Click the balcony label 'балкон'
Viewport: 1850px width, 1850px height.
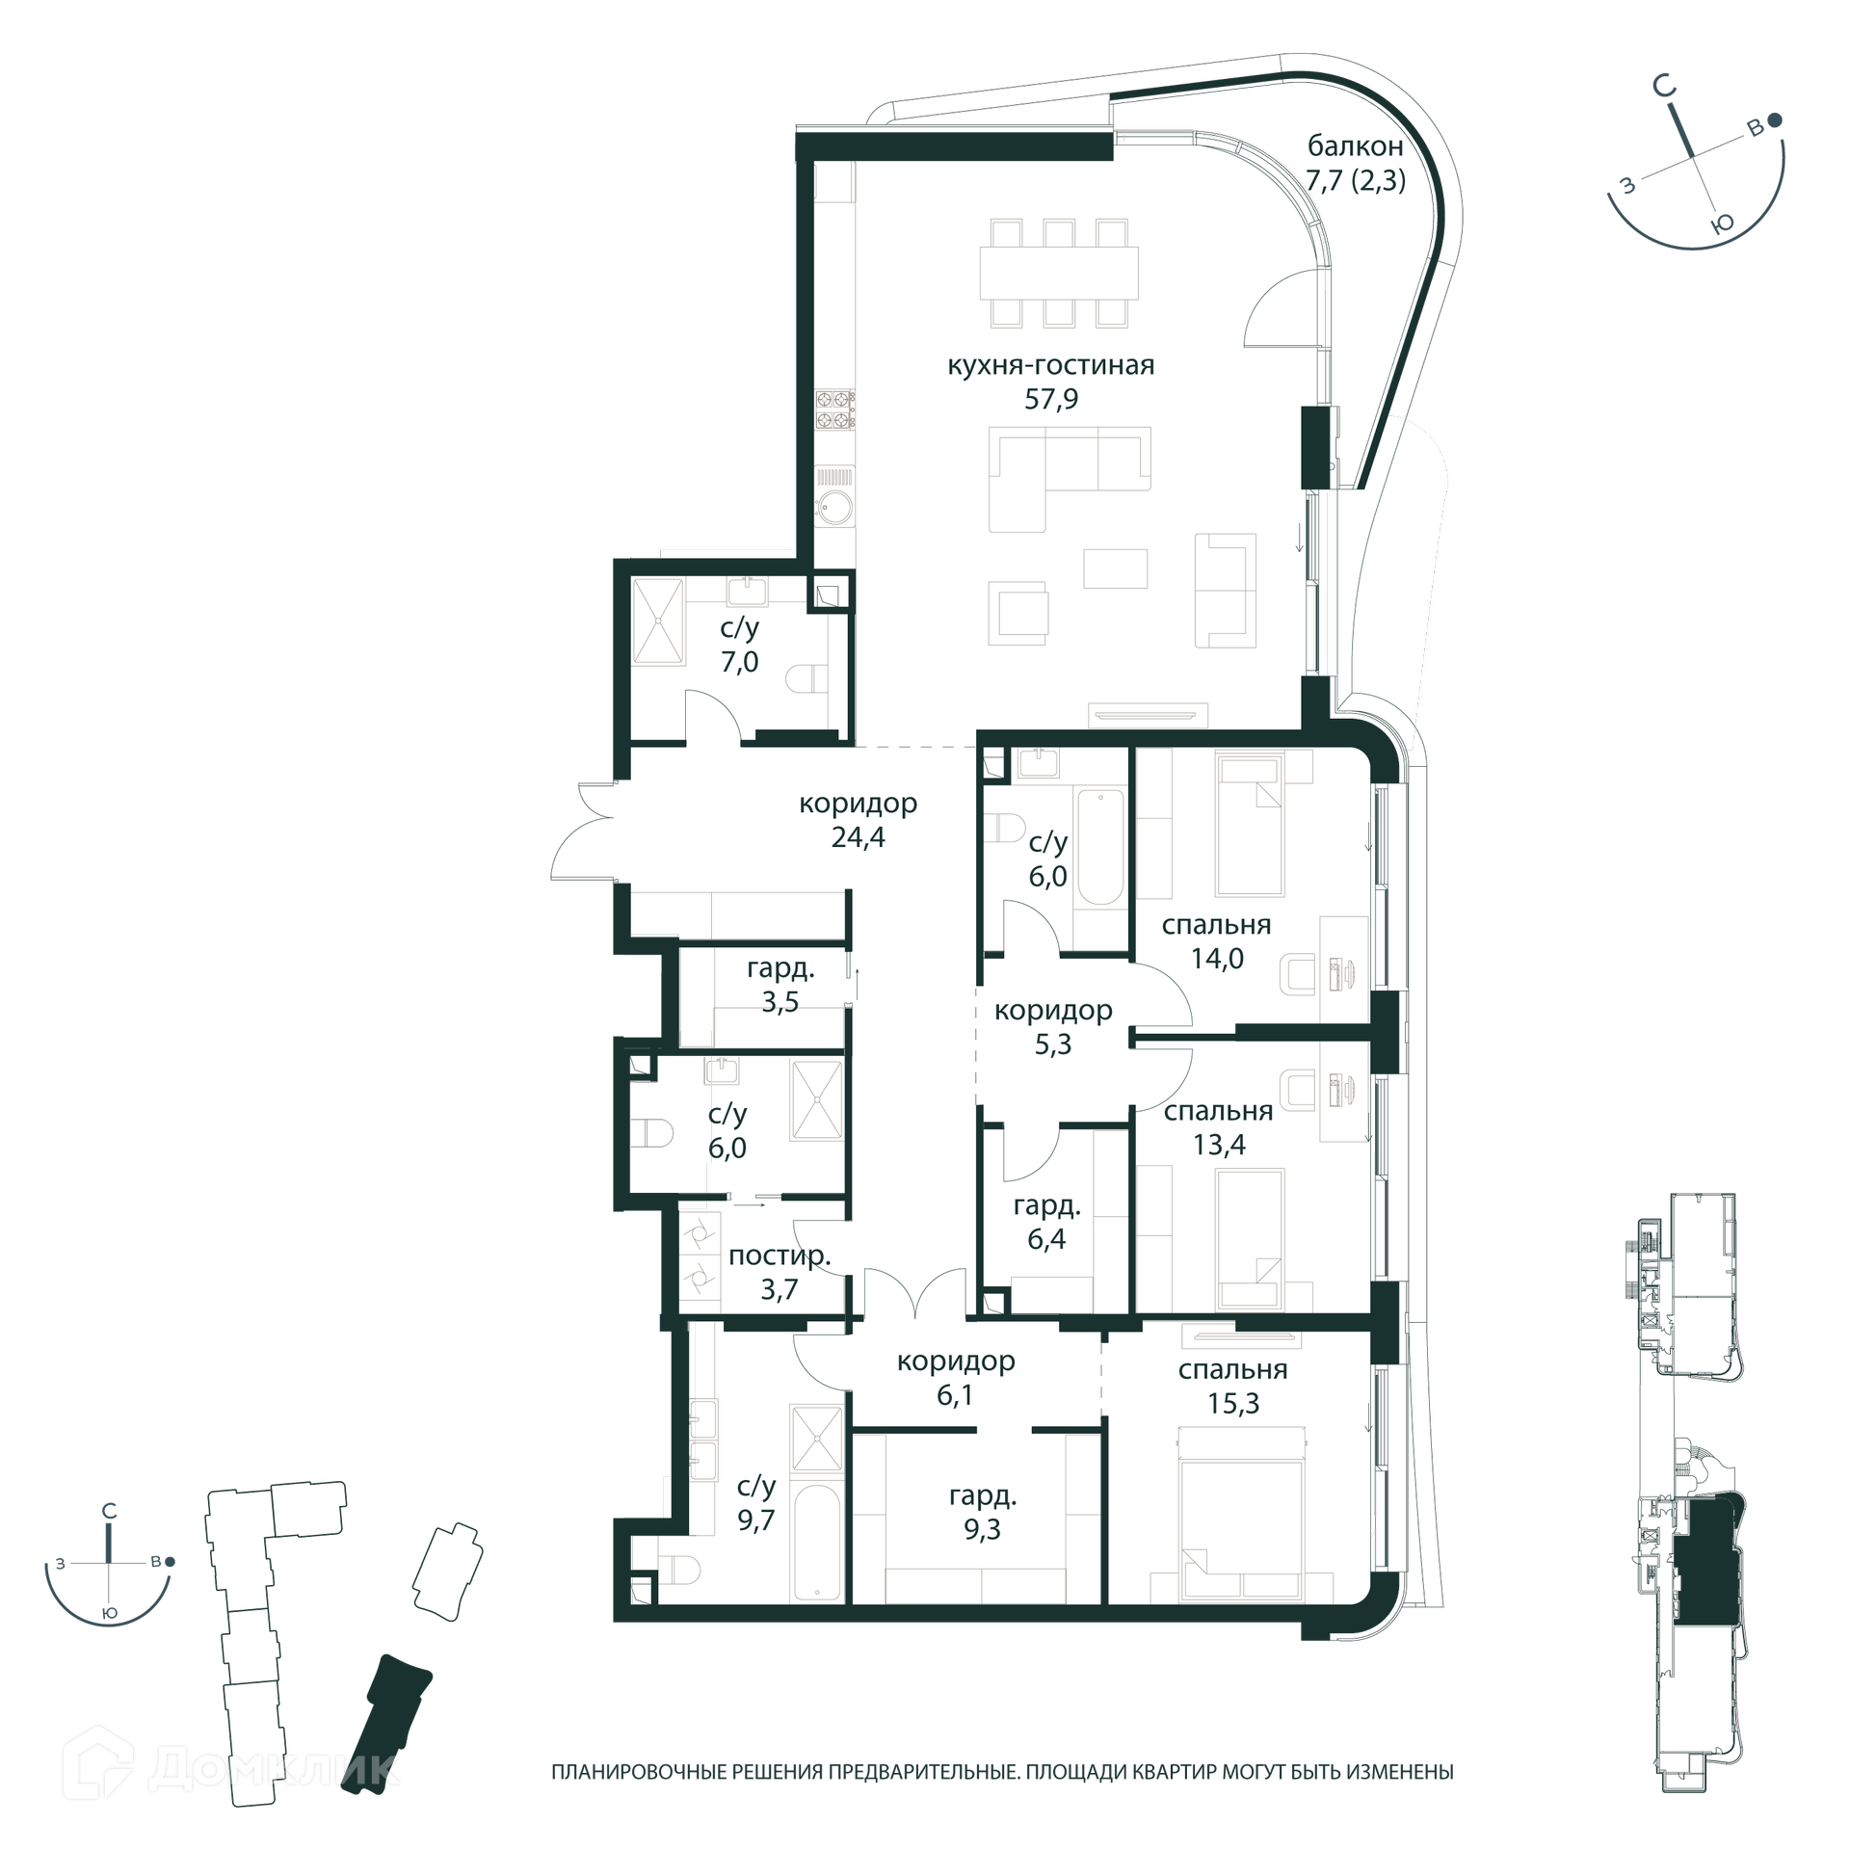[1355, 146]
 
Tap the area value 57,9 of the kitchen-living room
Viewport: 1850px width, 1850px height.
[1051, 399]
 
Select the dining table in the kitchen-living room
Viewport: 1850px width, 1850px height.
[1059, 274]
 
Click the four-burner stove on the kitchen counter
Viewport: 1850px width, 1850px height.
[834, 409]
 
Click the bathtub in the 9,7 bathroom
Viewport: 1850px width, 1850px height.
[818, 1542]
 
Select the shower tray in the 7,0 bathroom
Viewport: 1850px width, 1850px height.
[658, 621]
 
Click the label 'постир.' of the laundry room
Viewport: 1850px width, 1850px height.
[780, 1255]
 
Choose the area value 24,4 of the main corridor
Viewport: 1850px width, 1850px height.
[859, 837]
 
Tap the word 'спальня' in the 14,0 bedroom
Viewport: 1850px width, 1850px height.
[1216, 925]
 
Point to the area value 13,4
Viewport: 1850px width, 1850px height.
[1219, 1145]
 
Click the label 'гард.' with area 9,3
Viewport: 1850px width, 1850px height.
[983, 1496]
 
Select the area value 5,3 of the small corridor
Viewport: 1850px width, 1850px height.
[1053, 1044]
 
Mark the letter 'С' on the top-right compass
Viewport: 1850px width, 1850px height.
[1664, 88]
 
